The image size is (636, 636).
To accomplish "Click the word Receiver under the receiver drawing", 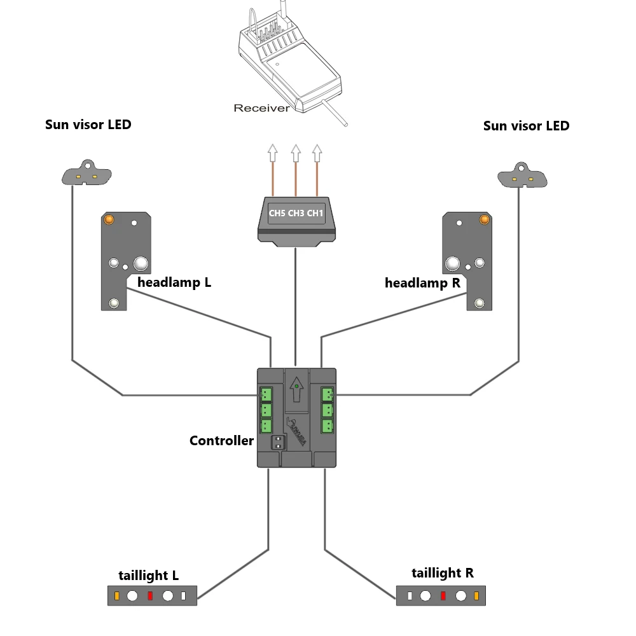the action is coord(261,108).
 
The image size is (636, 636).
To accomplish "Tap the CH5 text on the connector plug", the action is coord(277,213).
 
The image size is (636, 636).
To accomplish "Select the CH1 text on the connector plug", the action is coord(315,213).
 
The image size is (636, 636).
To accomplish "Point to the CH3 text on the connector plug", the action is coord(296,213).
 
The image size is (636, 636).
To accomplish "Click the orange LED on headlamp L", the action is coord(109,220).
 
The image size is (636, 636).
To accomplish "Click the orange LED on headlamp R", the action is coord(484,220).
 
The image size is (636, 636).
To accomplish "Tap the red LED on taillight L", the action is coord(150,596).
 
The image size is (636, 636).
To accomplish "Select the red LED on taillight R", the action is coord(443,596).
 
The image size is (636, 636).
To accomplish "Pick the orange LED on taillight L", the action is coord(117,596).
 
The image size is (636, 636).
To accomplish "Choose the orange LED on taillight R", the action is coord(476,596).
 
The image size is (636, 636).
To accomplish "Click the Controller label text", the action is coord(221,441).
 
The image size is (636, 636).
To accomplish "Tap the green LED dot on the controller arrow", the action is coord(296,386).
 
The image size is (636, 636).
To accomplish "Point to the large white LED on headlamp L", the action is coord(141,264).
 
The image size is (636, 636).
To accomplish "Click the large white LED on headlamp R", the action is coord(452,264).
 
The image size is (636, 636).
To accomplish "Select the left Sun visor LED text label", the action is coord(88,125).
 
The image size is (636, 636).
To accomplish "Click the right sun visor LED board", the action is coord(522,176).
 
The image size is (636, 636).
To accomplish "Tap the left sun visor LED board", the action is coord(86,172).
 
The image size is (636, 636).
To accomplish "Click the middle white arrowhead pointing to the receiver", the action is coord(296,153).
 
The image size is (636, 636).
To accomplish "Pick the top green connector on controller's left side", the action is coord(266,394).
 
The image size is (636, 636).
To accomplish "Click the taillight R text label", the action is coord(443,573).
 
